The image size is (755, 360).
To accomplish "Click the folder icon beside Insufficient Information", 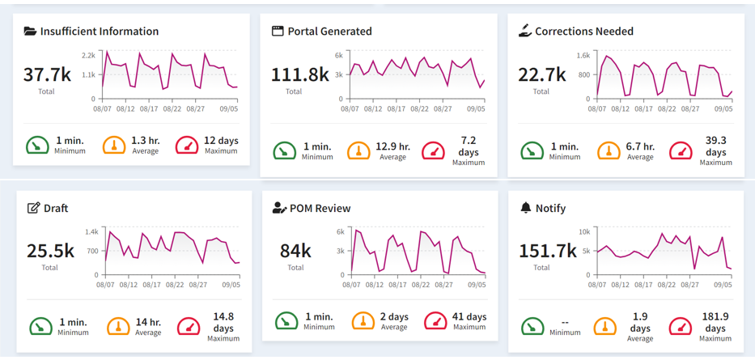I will (30, 32).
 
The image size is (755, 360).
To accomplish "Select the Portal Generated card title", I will (329, 32).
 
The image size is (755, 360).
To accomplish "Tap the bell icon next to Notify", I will (525, 208).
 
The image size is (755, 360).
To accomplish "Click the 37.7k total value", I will (47, 74).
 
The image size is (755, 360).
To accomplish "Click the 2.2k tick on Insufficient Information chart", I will (88, 54).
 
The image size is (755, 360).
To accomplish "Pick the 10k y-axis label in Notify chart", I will (583, 231).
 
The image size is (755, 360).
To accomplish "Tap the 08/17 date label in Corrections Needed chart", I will (641, 108).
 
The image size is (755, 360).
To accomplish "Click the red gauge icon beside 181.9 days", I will (681, 327).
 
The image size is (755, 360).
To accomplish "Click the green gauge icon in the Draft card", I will (40, 327).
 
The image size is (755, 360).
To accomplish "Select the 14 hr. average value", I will (148, 322).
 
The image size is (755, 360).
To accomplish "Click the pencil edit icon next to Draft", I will (33, 208).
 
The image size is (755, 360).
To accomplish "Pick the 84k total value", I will (295, 251).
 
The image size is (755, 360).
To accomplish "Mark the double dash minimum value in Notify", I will (565, 322).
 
